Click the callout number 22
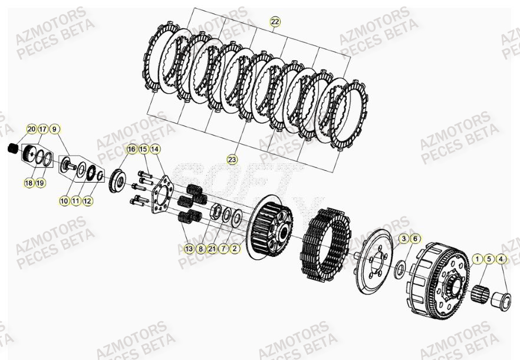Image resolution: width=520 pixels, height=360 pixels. pyautogui.click(x=275, y=22)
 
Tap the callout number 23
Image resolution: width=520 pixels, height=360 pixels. pyautogui.click(x=232, y=160)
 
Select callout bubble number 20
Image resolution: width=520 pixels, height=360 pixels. pyautogui.click(x=31, y=129)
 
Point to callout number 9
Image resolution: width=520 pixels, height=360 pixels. pyautogui.click(x=54, y=129)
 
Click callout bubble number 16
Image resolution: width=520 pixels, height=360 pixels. pyautogui.click(x=131, y=149)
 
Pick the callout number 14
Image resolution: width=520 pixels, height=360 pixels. pyautogui.click(x=154, y=149)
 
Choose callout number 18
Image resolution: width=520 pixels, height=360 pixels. pyautogui.click(x=28, y=183)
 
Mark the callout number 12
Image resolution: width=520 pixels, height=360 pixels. pyautogui.click(x=87, y=201)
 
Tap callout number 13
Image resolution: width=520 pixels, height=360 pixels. pyautogui.click(x=189, y=249)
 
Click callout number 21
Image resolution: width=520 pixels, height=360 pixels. pyautogui.click(x=212, y=249)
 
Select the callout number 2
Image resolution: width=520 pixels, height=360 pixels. pyautogui.click(x=235, y=249)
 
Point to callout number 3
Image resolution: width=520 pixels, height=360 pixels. pyautogui.click(x=403, y=238)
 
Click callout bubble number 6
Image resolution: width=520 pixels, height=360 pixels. pyautogui.click(x=415, y=238)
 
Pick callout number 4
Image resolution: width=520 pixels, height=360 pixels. pyautogui.click(x=501, y=258)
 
